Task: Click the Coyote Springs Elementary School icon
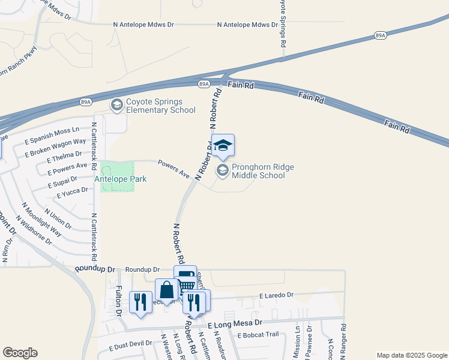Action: [x=117, y=105]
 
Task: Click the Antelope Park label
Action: [x=121, y=179]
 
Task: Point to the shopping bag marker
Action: [x=166, y=290]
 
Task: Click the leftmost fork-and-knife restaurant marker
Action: [x=141, y=302]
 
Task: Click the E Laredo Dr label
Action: [x=276, y=295]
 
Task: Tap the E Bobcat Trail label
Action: [x=258, y=334]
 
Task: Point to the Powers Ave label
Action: [x=173, y=169]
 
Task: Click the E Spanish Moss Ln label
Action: [x=52, y=136]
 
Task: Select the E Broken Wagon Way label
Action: [x=55, y=148]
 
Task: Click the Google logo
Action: [x=20, y=353]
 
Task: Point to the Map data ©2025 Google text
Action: [x=411, y=356]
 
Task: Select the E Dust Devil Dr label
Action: [x=130, y=346]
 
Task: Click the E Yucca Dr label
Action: [x=72, y=193]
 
